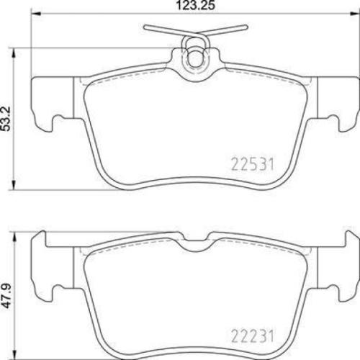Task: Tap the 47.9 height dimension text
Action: coord(6,296)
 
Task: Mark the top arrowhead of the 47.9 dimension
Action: coord(17,234)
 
